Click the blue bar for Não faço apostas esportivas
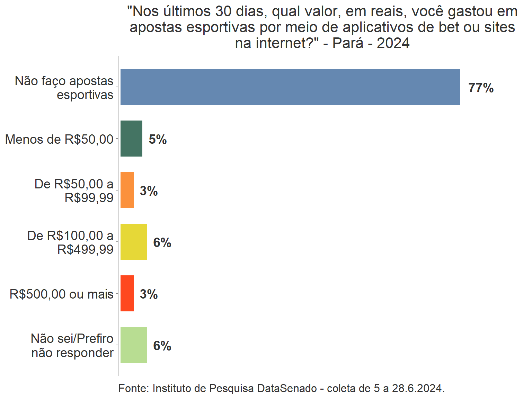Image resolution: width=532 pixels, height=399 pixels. [290, 87]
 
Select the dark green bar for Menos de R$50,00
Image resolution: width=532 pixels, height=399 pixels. [131, 139]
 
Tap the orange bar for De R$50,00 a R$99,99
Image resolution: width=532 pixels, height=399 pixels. [127, 190]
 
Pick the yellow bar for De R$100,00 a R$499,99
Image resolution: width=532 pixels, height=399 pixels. [134, 242]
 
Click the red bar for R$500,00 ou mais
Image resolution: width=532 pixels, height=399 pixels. [127, 293]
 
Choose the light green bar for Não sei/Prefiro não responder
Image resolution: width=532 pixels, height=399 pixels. [134, 345]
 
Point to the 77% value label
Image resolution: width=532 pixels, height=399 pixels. [481, 88]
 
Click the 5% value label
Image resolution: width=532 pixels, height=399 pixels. [158, 140]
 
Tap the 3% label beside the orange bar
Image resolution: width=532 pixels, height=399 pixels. [149, 191]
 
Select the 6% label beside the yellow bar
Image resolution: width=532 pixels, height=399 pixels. [162, 243]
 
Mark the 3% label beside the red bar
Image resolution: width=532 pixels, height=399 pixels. [149, 294]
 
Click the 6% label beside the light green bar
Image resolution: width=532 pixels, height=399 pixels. [162, 346]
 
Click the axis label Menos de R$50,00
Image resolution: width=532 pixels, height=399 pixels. [59, 139]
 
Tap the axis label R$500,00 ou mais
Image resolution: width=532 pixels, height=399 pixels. [61, 294]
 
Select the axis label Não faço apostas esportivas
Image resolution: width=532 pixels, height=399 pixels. [64, 88]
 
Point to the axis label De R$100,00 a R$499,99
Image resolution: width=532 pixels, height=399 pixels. [70, 242]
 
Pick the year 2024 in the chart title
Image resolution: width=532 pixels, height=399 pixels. [393, 43]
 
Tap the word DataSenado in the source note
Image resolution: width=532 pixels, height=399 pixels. [287, 388]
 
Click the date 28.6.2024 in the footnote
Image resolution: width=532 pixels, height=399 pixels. [418, 388]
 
